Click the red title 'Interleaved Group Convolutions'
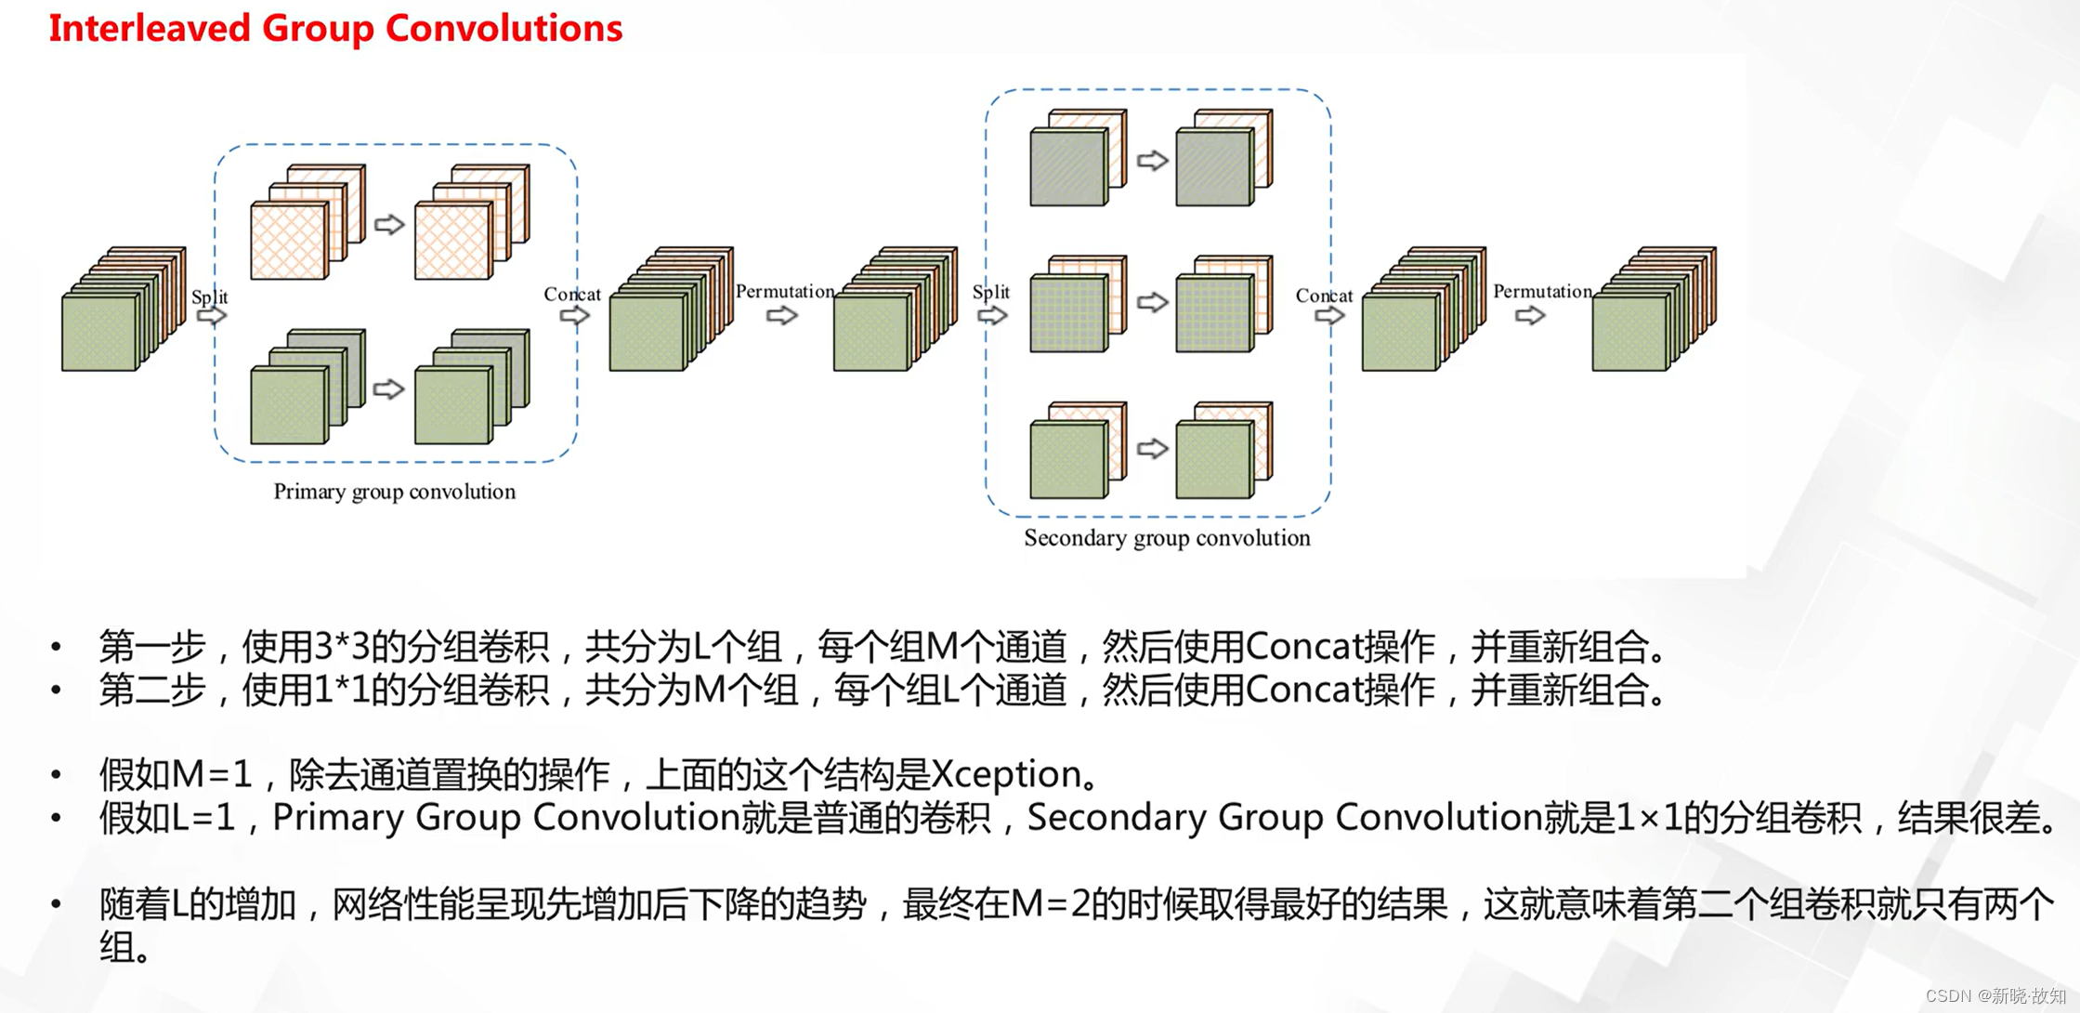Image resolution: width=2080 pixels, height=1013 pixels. click(335, 28)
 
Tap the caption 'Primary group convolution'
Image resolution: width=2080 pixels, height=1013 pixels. click(394, 492)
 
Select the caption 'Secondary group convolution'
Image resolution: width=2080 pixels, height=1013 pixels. click(1167, 538)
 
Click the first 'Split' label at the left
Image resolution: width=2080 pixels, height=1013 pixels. click(209, 297)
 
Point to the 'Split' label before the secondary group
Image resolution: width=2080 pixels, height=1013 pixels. click(990, 292)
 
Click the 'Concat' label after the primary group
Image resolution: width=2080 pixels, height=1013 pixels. click(572, 295)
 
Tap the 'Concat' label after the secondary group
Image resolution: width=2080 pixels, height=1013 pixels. click(1324, 296)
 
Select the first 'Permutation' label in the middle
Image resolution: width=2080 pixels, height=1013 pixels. click(785, 292)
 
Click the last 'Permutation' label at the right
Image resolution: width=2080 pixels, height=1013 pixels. click(1542, 292)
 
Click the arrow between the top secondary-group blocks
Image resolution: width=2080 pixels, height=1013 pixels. click(1152, 161)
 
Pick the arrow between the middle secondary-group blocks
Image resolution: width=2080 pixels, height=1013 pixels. click(1152, 302)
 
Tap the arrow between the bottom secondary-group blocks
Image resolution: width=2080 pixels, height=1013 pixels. click(1152, 449)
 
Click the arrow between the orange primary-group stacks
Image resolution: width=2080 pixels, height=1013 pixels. click(389, 224)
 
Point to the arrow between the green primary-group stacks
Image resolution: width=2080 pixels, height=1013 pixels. click(389, 388)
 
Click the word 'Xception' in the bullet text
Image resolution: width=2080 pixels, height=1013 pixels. click(1005, 774)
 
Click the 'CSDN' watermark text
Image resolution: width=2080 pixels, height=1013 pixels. click(1948, 996)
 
